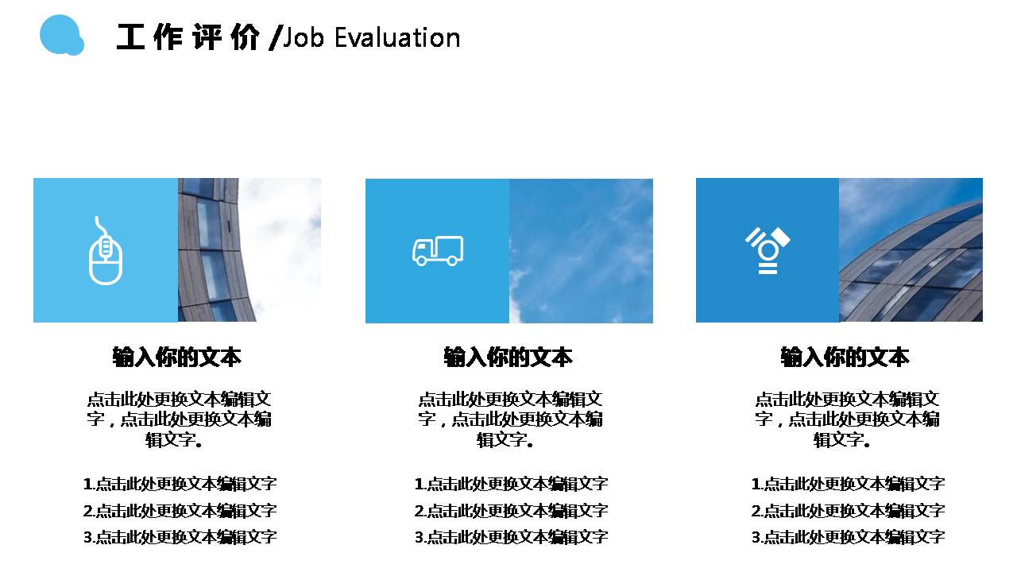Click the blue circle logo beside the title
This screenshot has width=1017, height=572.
(x=60, y=35)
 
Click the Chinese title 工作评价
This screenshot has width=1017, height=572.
(x=188, y=37)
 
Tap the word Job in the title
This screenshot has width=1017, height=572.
(x=304, y=37)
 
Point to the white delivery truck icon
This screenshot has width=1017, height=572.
(x=437, y=250)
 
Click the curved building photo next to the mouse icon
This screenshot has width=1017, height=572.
(x=249, y=249)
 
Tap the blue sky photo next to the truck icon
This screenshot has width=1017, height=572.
(x=581, y=250)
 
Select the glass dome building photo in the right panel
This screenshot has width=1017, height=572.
(x=911, y=250)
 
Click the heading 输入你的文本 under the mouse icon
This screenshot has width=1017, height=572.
(x=177, y=357)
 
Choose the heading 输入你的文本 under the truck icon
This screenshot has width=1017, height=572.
(x=508, y=357)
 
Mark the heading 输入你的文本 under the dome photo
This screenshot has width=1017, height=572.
(x=845, y=357)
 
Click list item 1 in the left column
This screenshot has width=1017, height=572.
(x=180, y=484)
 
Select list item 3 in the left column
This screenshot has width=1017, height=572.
(x=180, y=537)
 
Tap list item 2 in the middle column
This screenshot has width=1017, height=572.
(x=511, y=511)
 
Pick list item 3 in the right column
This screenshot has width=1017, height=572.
(x=848, y=537)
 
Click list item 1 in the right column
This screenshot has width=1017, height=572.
(x=848, y=484)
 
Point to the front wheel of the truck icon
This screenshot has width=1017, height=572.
(x=421, y=260)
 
